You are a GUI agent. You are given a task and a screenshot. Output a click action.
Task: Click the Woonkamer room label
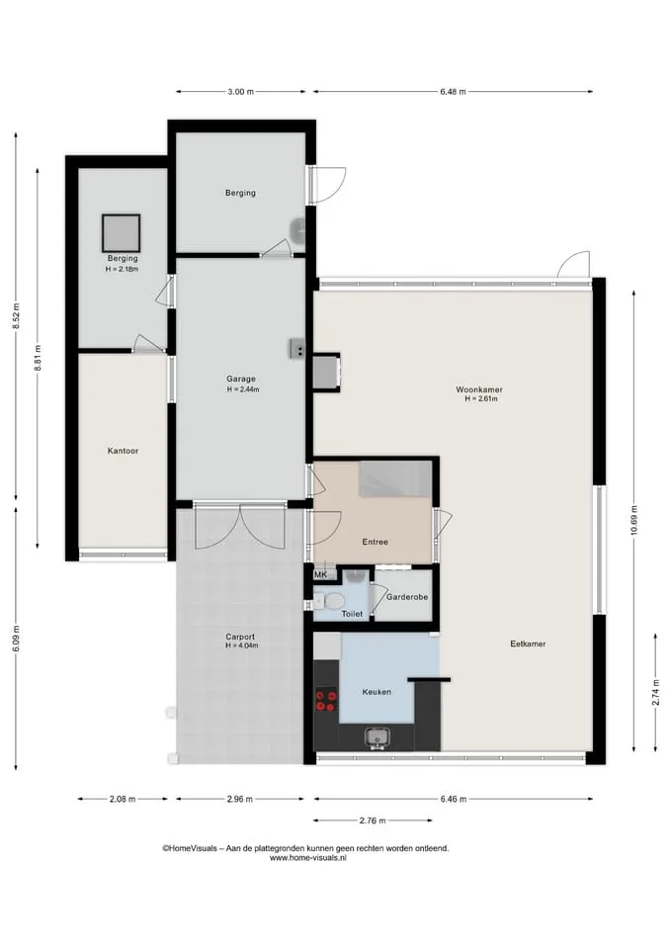(x=479, y=389)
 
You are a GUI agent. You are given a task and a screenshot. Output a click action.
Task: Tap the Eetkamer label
(x=528, y=644)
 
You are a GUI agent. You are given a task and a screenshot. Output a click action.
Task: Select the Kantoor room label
(x=123, y=451)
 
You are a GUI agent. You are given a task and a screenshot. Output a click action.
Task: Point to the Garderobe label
(x=407, y=597)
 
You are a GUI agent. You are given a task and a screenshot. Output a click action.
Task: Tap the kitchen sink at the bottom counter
(x=377, y=737)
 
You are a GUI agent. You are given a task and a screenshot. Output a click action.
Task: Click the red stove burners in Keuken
(x=325, y=701)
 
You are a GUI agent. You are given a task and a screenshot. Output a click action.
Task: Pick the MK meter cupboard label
(x=320, y=575)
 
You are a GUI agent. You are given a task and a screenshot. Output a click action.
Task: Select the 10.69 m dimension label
(x=633, y=521)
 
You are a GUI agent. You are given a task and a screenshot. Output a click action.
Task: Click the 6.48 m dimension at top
(x=453, y=92)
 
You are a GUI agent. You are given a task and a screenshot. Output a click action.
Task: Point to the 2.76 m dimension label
(x=373, y=820)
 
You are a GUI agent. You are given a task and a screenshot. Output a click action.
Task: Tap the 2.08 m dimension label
(x=123, y=799)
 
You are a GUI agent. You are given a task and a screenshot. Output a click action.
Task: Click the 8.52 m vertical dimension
(x=16, y=316)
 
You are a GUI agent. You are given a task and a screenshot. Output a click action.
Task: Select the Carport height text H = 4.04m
(x=241, y=646)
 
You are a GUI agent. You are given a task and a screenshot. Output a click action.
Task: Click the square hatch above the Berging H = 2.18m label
(x=121, y=233)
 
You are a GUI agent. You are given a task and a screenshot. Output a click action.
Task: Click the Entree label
(x=376, y=542)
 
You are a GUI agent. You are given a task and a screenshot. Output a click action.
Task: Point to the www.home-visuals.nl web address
(x=307, y=858)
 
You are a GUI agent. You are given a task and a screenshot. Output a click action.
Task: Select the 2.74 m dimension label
(x=655, y=692)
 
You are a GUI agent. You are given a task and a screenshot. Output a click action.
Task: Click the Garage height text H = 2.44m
(x=243, y=389)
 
